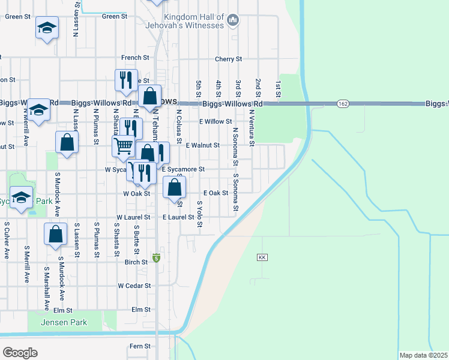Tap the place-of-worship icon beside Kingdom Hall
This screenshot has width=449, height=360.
click(x=234, y=22)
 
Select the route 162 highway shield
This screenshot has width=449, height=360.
click(x=342, y=103)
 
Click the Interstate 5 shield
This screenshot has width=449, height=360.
click(x=156, y=257)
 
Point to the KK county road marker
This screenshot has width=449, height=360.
click(x=262, y=257)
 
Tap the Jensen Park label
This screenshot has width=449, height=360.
click(x=64, y=323)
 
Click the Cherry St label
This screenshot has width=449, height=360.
click(x=228, y=59)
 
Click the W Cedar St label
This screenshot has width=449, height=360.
click(x=134, y=286)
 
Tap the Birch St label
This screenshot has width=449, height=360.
click(x=136, y=262)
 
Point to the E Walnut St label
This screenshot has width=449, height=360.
click(x=203, y=145)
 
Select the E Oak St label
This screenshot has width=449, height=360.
click(x=215, y=193)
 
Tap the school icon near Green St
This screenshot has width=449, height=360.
click(x=46, y=28)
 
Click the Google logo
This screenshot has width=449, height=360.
click(x=20, y=353)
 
